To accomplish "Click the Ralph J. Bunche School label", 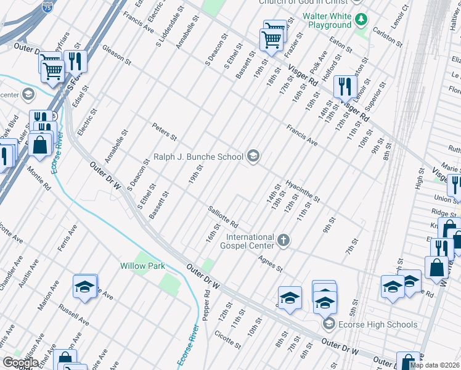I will tap(198, 157).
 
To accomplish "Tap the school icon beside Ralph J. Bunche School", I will tap(253, 157).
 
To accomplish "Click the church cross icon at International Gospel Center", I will tap(283, 240).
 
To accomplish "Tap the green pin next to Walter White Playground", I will tap(361, 20).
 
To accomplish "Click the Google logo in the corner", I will tap(20, 362).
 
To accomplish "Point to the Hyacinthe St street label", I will tap(302, 192).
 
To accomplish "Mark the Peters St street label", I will tap(165, 131).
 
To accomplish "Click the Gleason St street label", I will tap(117, 54).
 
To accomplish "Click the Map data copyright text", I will tap(434, 365).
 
